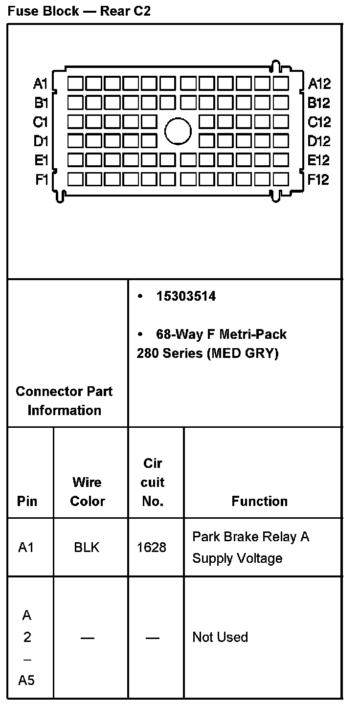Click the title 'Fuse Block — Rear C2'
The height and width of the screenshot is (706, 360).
point(79,11)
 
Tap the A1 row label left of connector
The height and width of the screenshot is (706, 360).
point(40,84)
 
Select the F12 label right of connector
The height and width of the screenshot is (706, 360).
point(318,179)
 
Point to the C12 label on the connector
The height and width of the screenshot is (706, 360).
point(319,122)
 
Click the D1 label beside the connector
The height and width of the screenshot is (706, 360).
point(41,141)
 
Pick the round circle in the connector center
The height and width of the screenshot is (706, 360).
point(178,131)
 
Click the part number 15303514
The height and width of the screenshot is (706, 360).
point(185,296)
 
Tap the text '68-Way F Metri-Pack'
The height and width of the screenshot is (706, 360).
point(221,334)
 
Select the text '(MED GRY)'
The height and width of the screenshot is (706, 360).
point(243,353)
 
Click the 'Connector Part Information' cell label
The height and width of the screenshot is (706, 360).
point(64,400)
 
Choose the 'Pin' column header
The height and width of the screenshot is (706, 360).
point(27,501)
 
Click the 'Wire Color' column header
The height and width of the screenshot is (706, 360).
point(87,491)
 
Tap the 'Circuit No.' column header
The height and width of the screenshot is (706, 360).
point(153,482)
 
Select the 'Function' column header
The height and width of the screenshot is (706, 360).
point(259,501)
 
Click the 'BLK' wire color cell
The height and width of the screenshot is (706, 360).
point(87,547)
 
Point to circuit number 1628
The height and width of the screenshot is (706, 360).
point(152,547)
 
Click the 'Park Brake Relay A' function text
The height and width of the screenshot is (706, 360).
point(250,537)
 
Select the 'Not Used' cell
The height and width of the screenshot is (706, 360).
point(220,637)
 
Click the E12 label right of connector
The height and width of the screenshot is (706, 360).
point(318,160)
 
